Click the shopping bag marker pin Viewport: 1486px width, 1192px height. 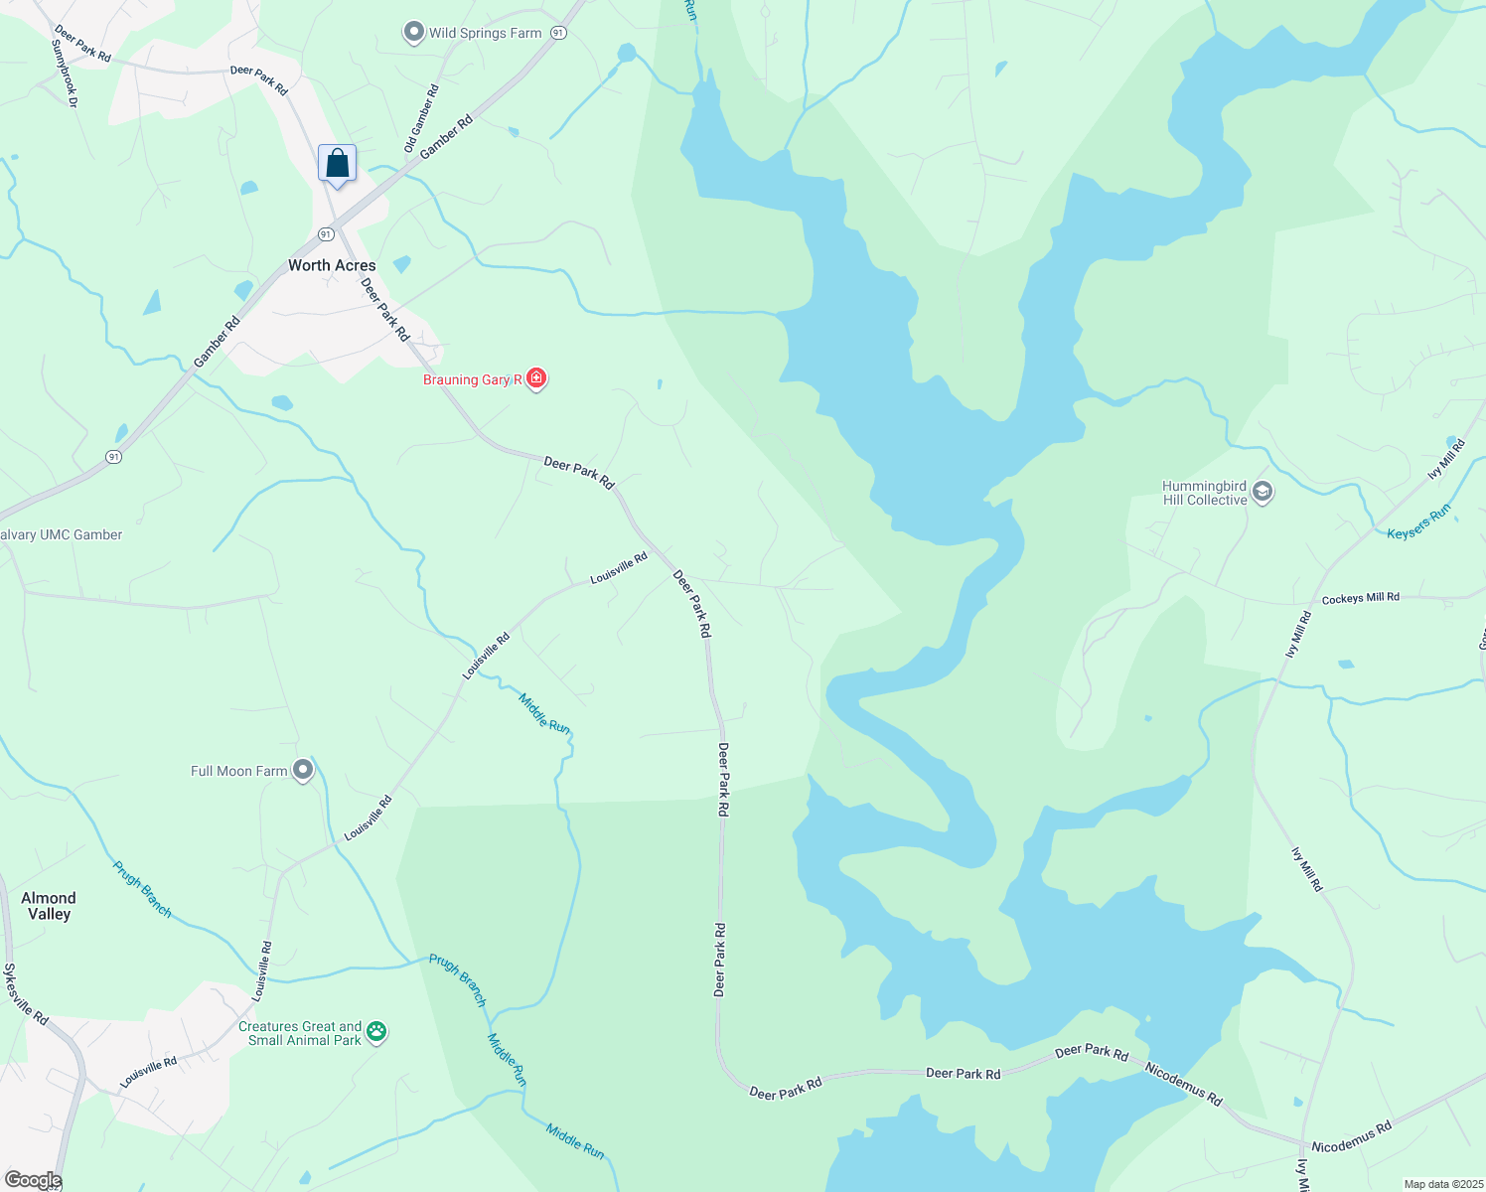(x=337, y=164)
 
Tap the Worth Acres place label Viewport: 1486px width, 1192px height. (x=332, y=265)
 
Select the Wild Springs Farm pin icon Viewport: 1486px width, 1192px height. (x=413, y=33)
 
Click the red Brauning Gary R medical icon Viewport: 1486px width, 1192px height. (x=536, y=377)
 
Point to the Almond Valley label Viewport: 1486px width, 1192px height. (x=49, y=906)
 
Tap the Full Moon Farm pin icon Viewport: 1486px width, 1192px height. (x=303, y=770)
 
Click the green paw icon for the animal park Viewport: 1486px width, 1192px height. (x=376, y=1032)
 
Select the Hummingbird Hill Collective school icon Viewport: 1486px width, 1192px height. (x=1263, y=492)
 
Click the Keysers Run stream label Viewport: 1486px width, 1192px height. (x=1418, y=521)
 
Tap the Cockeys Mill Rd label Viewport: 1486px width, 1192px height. (x=1360, y=599)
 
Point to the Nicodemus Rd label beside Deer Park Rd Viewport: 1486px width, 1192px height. (x=1182, y=1084)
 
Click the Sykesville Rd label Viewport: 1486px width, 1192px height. (x=26, y=993)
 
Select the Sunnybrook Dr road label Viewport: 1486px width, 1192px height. (x=65, y=73)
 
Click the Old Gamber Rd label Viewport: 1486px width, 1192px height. (x=421, y=118)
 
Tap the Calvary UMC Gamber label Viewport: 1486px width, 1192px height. (x=62, y=534)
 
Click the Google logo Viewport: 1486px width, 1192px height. (x=33, y=1180)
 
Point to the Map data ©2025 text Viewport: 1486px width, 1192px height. (x=1441, y=1184)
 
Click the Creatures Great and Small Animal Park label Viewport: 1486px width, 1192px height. (x=299, y=1033)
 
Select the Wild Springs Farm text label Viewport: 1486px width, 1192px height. (x=485, y=33)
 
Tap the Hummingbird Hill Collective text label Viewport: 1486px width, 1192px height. (x=1204, y=493)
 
